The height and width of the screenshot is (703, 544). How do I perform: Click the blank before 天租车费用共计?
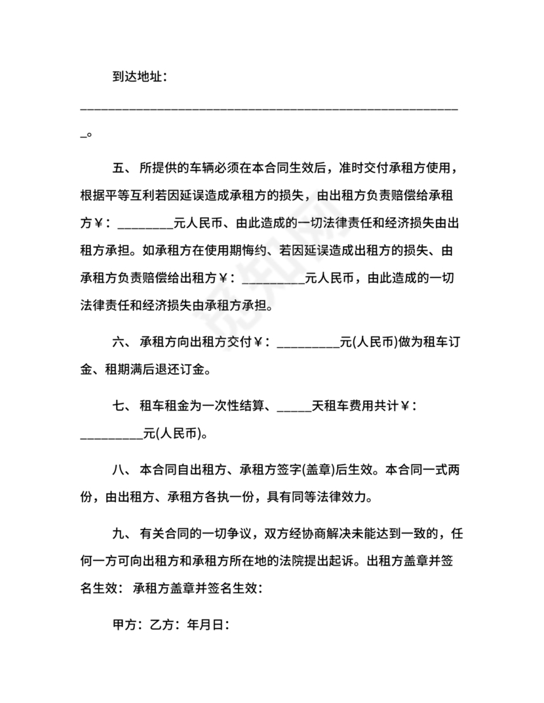click(x=294, y=408)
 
